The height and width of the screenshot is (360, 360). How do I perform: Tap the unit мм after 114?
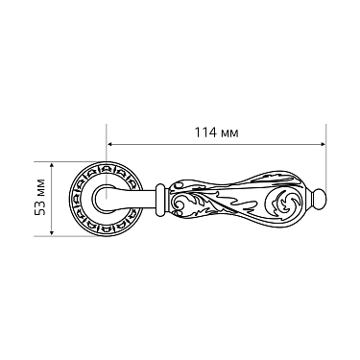click(x=228, y=132)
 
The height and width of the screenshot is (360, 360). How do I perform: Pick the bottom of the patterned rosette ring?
click(x=108, y=234)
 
